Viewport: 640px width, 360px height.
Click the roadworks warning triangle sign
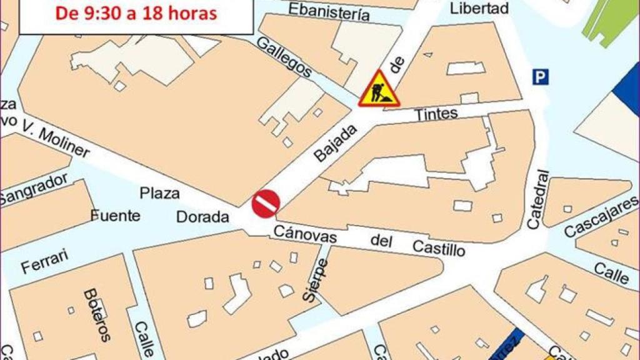point(379,89)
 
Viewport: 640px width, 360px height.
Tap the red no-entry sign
point(266,203)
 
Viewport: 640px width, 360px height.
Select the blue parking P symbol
point(540,77)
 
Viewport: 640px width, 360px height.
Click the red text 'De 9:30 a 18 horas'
point(136,12)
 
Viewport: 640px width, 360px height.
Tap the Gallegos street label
point(284,57)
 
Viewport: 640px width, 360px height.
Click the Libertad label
point(479,8)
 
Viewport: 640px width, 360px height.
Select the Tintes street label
point(436,114)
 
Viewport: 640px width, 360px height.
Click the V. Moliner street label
point(56,139)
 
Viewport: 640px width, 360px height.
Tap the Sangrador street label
point(34,189)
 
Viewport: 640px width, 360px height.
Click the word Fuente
point(116,216)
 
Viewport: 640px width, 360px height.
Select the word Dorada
point(202,217)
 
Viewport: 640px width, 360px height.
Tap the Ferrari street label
point(44,262)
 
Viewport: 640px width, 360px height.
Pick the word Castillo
point(439,248)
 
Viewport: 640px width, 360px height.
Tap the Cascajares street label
point(601,216)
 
